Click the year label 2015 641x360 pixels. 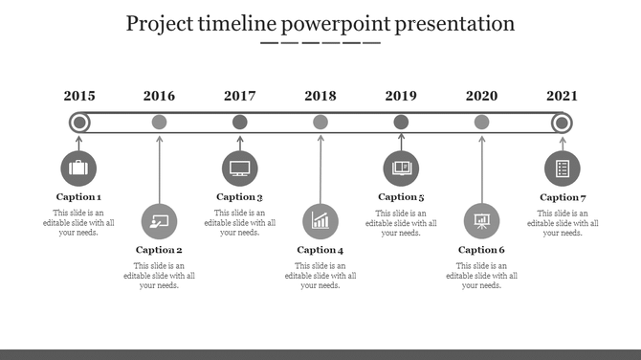coord(79,96)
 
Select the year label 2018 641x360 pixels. coord(320,96)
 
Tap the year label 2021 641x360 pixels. coord(563,96)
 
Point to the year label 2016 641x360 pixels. coord(160,96)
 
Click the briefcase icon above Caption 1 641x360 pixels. coord(78,169)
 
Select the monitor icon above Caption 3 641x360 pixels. coord(240,169)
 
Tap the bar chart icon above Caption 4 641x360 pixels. coord(320,221)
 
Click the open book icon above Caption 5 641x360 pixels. coord(401,169)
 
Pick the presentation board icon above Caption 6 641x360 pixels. coord(481,221)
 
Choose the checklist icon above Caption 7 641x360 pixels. coord(563,169)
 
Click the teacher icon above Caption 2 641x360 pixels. coord(159,221)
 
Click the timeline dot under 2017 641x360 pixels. coord(240,122)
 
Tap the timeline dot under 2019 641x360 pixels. coord(401,122)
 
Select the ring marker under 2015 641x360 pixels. coord(79,122)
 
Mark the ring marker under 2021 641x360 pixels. coord(563,122)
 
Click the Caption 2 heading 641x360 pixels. coord(159,250)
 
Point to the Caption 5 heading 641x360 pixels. coord(401,197)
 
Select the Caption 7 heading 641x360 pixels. coord(563,197)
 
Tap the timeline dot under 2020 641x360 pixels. coord(481,122)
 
